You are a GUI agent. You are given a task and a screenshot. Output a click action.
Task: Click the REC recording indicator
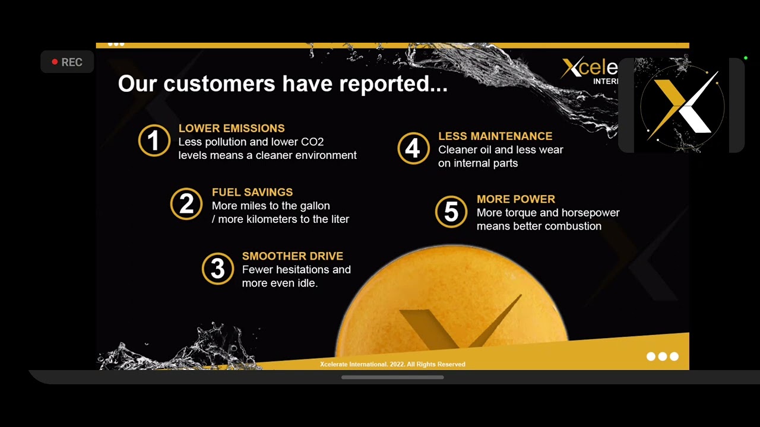pos(66,62)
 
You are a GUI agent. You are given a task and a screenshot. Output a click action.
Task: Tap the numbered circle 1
pos(154,141)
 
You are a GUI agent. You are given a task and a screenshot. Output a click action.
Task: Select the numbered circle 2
pos(186,204)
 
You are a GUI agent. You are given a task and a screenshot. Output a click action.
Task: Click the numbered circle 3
pos(218,269)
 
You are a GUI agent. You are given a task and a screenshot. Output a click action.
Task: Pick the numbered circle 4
pos(413,148)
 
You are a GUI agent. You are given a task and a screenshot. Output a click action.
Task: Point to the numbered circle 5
pos(451,212)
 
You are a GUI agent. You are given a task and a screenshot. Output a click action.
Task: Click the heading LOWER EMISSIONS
pos(232,128)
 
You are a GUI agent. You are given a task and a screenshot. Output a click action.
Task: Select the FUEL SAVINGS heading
pos(252,192)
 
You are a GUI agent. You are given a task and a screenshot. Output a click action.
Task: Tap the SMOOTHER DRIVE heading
pos(293,256)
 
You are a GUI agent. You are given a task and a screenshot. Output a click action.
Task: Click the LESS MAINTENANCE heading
pos(495,136)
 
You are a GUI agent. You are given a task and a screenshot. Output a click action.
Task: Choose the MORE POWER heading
pos(516,199)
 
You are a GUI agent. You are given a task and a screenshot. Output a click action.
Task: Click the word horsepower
pos(590,213)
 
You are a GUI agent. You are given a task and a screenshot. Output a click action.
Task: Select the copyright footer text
pos(392,364)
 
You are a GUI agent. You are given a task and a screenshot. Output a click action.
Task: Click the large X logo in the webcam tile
pos(682,106)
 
